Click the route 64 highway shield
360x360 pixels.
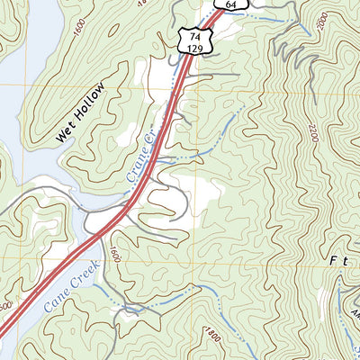coord(231,4)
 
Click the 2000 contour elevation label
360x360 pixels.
coord(325,22)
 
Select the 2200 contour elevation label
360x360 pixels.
coord(311,135)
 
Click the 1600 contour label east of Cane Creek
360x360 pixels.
coord(114,256)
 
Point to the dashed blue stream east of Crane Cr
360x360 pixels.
coord(216,135)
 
